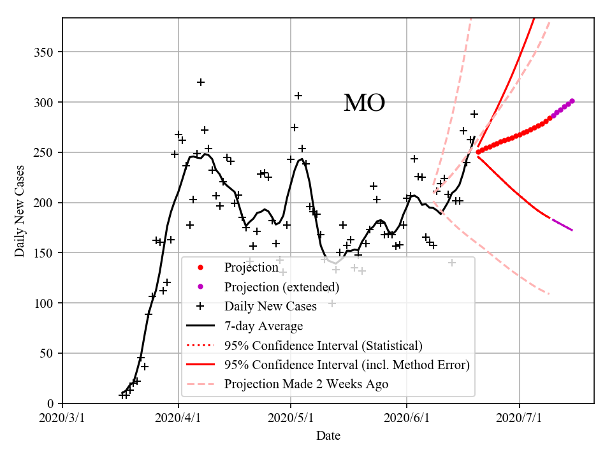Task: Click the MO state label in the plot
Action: (x=364, y=103)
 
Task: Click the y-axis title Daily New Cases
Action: (x=20, y=211)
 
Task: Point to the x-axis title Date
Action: (x=328, y=436)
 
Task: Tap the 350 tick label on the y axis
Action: (x=45, y=52)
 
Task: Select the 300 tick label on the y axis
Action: (x=45, y=103)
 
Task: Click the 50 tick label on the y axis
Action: (x=48, y=354)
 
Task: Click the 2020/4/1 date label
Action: (x=178, y=418)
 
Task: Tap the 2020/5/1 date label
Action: (x=291, y=418)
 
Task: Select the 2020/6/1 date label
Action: (x=407, y=418)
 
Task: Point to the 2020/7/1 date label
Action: (x=520, y=418)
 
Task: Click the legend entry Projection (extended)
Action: (x=281, y=287)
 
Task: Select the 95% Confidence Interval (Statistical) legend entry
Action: (x=323, y=346)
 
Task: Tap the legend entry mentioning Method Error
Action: (x=347, y=365)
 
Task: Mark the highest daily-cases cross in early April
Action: (x=201, y=82)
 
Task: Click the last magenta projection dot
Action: (x=572, y=101)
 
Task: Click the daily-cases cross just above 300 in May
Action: (x=298, y=96)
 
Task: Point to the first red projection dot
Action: (x=478, y=152)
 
